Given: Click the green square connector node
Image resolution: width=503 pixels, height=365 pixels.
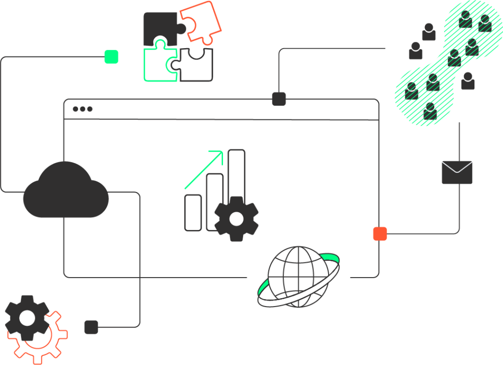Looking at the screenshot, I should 112,56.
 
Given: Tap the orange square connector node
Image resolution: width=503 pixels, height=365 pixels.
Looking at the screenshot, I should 380,234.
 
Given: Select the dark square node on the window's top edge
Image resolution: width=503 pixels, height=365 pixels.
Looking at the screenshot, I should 279,99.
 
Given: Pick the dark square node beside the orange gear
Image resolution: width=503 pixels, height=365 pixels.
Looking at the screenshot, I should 91,327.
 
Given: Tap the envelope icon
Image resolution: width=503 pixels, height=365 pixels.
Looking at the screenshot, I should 457,172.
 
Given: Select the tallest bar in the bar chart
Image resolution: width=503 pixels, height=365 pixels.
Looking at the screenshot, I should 236,172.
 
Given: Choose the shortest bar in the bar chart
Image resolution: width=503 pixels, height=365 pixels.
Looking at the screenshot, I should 193,213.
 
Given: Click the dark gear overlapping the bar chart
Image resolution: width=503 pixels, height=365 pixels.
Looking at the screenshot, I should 236,219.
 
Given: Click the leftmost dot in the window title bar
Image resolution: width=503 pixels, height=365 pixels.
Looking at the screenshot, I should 76,109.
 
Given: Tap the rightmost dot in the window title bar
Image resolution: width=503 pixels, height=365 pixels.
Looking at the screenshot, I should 90,109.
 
